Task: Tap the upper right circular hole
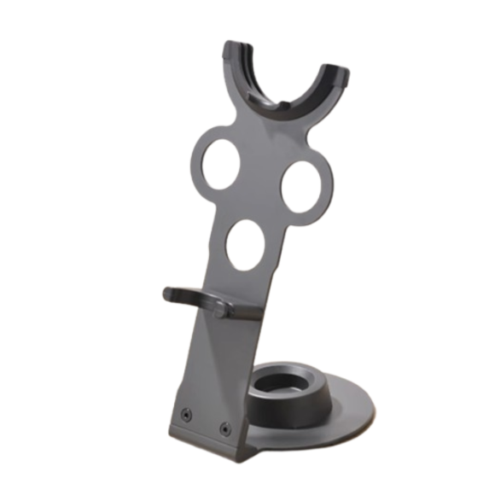pyautogui.click(x=300, y=186)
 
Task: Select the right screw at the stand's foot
pyautogui.click(x=224, y=429)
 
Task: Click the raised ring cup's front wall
pyautogui.click(x=286, y=410)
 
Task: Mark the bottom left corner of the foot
pyautogui.click(x=171, y=434)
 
